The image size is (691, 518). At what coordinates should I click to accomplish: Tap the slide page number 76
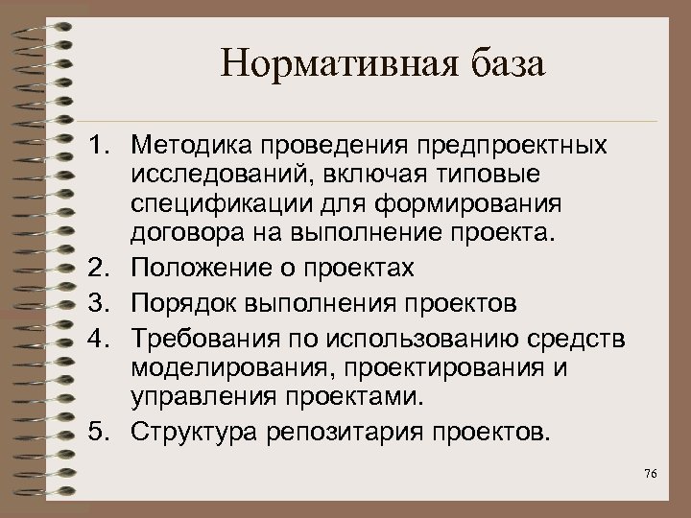click(x=652, y=477)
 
